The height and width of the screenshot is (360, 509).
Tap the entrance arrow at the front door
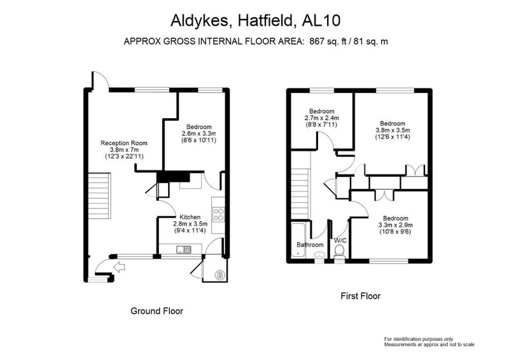click(120, 267)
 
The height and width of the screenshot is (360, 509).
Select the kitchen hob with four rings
click(218, 214)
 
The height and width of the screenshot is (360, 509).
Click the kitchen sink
click(184, 249)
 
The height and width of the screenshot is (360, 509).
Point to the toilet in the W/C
click(340, 252)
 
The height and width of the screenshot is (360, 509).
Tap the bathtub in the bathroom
click(298, 240)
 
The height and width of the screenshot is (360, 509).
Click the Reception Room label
click(123, 143)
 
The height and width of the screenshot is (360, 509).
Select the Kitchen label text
click(190, 217)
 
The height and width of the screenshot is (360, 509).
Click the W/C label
click(340, 240)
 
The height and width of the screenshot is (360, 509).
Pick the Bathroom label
click(310, 244)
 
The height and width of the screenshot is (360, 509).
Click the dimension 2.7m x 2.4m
click(321, 118)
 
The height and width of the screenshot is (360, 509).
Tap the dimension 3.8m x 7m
click(124, 149)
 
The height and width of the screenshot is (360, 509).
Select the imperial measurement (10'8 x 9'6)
click(395, 232)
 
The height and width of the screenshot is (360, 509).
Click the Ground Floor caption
click(157, 311)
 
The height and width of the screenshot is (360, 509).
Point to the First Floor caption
click(360, 296)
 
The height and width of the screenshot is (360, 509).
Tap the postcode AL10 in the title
click(321, 20)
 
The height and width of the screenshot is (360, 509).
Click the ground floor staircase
click(100, 196)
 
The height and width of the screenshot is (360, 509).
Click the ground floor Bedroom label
click(199, 127)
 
